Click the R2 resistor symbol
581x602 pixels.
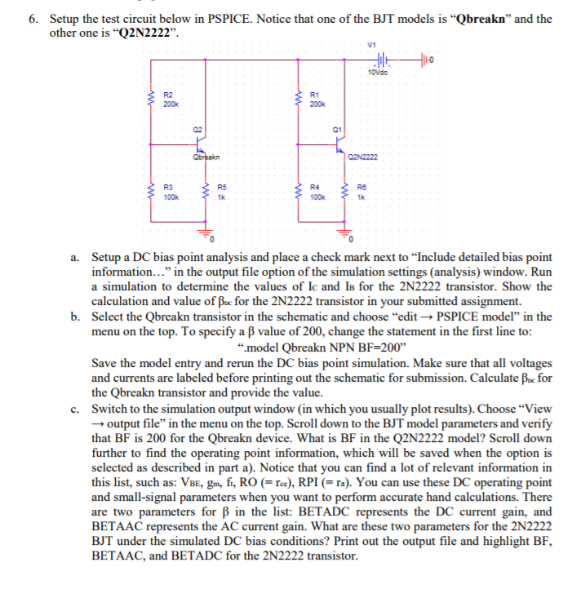[149, 100]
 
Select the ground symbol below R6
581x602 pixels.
[351, 237]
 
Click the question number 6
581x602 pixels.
[33, 18]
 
